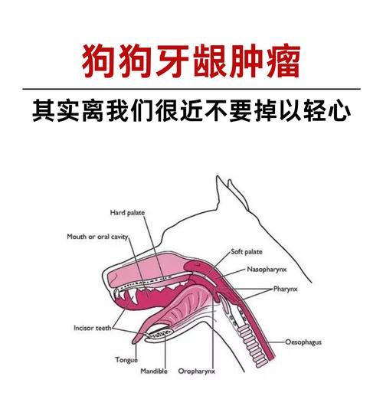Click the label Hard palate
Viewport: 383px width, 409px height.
click(x=127, y=213)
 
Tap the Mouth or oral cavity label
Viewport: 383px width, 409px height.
click(x=97, y=237)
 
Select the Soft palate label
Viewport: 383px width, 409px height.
click(x=247, y=252)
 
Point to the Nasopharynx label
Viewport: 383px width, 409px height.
click(x=267, y=270)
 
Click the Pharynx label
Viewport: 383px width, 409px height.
click(x=285, y=289)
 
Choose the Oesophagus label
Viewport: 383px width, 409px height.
click(x=303, y=342)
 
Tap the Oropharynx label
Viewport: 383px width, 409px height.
click(x=196, y=371)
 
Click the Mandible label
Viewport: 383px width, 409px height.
click(x=154, y=371)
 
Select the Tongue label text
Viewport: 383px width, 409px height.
click(x=126, y=360)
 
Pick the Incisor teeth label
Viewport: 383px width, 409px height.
click(x=93, y=328)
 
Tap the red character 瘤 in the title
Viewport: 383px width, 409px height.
click(x=283, y=61)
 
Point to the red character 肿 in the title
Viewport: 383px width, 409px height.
click(x=247, y=61)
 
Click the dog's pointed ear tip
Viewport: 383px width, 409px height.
click(x=217, y=176)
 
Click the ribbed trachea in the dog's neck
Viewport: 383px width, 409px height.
click(x=250, y=345)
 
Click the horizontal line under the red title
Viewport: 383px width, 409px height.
click(x=191, y=89)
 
